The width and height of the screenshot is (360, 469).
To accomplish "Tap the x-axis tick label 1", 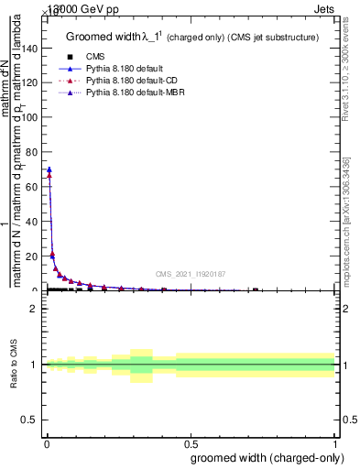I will coord(335,441).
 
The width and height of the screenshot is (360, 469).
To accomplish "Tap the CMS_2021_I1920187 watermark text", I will coord(191,273).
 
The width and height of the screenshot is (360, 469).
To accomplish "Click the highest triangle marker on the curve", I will coord(49,169).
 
